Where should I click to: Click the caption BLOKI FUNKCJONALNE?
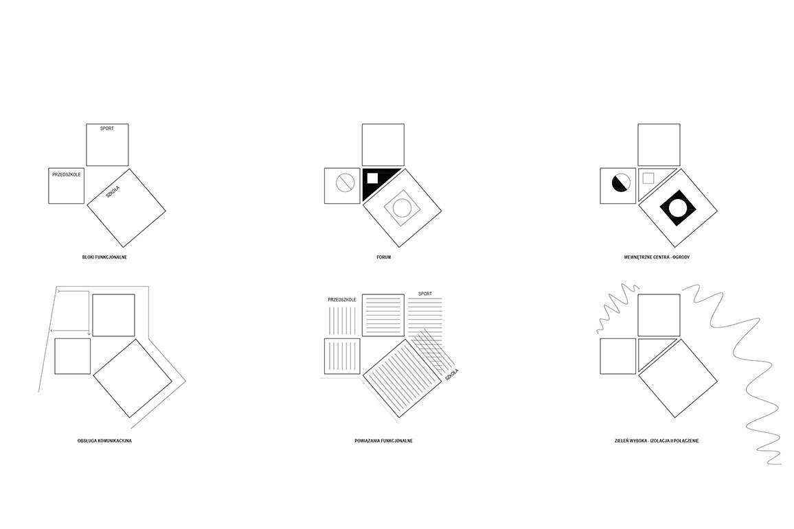[104, 257]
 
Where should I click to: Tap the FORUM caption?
[383, 257]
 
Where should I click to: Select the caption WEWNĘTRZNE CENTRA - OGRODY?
[657, 257]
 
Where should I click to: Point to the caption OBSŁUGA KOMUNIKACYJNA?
[104, 441]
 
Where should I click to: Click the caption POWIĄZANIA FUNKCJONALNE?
[383, 441]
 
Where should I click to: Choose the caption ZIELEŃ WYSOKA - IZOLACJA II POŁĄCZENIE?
[657, 441]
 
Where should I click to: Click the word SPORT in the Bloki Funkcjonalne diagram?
[107, 128]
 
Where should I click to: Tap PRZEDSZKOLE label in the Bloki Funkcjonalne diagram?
[67, 175]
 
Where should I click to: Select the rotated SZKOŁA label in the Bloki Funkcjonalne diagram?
[113, 192]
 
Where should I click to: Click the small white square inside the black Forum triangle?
[372, 178]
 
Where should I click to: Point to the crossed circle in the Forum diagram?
[345, 182]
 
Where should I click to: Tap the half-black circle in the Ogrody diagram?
[622, 182]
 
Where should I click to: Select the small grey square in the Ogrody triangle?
[648, 178]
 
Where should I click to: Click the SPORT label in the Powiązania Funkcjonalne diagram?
[425, 294]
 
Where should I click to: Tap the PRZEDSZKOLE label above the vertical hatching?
[342, 300]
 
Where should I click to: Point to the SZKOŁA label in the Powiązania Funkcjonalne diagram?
[452, 375]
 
